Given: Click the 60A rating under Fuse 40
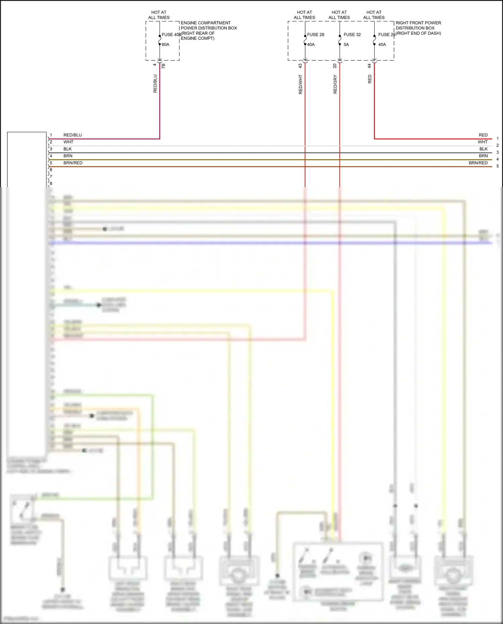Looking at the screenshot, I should pyautogui.click(x=165, y=45).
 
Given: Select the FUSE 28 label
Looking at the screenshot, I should pyautogui.click(x=316, y=35).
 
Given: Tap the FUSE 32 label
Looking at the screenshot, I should pyautogui.click(x=352, y=35).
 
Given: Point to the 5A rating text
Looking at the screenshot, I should pyautogui.click(x=346, y=45).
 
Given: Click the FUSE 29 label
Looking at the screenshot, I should pyautogui.click(x=387, y=35).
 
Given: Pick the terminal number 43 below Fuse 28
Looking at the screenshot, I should pyautogui.click(x=300, y=66).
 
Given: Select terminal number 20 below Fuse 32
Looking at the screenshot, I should pyautogui.click(x=335, y=66).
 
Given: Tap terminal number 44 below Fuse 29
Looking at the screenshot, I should pyautogui.click(x=369, y=66).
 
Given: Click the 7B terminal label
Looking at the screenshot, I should pyautogui.click(x=163, y=66).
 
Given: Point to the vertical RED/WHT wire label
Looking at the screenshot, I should pyautogui.click(x=300, y=84).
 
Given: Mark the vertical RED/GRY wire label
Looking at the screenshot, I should pyautogui.click(x=335, y=84).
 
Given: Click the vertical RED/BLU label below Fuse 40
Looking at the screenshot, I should pyautogui.click(x=155, y=83).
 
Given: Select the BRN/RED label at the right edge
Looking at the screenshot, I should pyautogui.click(x=478, y=163).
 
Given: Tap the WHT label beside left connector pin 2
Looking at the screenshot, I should pyautogui.click(x=68, y=142).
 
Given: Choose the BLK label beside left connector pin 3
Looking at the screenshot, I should pyautogui.click(x=67, y=149).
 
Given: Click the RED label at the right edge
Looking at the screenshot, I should pyautogui.click(x=483, y=135).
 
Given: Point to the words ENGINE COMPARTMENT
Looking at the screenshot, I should pyautogui.click(x=206, y=23).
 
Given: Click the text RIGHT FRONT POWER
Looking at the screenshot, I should pyautogui.click(x=418, y=23).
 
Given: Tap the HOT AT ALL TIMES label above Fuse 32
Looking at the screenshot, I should pyautogui.click(x=339, y=15).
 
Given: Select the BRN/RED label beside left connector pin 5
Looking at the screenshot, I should pyautogui.click(x=73, y=163).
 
